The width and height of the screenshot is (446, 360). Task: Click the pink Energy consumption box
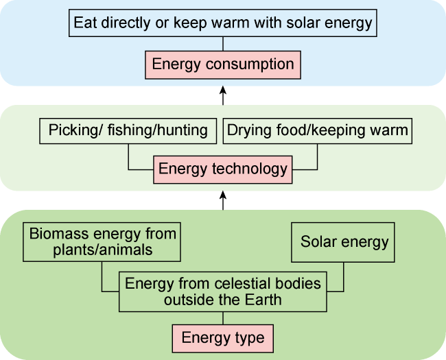[x=223, y=65]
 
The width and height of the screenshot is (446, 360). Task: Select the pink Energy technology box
[x=223, y=169]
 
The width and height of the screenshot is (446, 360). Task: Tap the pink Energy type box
[x=223, y=338]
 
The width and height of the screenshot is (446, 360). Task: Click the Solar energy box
[x=343, y=242]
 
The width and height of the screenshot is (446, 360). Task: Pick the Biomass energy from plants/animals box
[x=102, y=242]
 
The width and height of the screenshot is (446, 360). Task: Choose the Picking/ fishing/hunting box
[x=128, y=131]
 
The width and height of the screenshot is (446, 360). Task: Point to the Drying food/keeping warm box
[x=318, y=131]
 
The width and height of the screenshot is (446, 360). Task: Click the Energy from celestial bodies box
[x=223, y=291]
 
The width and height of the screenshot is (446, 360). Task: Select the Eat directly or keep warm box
[x=223, y=23]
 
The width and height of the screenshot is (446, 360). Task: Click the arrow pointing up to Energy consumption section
[x=223, y=95]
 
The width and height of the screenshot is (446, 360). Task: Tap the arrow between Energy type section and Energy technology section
[x=223, y=200]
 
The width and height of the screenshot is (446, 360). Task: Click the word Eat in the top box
[x=85, y=23]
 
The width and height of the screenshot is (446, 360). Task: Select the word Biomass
[x=59, y=234]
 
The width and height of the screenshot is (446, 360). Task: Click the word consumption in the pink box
[x=250, y=64]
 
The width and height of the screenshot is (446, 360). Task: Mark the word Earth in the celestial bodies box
[x=263, y=300]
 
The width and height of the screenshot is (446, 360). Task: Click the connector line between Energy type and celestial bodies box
[x=223, y=318]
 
